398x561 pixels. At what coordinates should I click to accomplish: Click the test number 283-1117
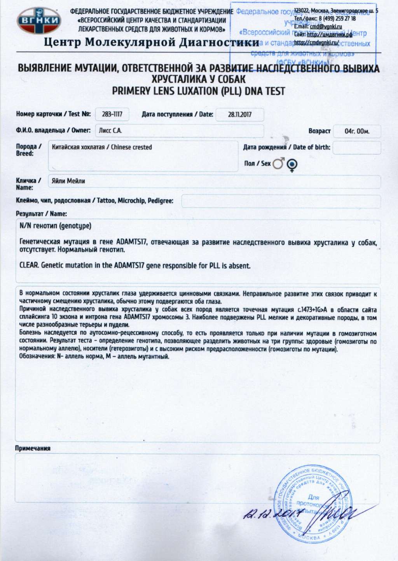click(x=112, y=114)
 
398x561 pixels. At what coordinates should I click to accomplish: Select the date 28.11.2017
click(x=239, y=115)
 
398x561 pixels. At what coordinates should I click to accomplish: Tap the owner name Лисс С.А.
click(x=110, y=131)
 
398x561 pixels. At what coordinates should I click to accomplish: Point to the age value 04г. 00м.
click(x=357, y=131)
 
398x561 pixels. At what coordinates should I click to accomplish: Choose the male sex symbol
click(x=278, y=164)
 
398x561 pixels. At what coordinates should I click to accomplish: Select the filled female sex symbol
click(x=292, y=165)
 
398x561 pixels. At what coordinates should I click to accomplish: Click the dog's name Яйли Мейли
click(x=68, y=181)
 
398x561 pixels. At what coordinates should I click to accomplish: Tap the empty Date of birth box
click(x=356, y=148)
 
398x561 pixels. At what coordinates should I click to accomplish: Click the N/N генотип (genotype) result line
click(x=56, y=226)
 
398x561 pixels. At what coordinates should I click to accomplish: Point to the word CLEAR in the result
click(x=29, y=266)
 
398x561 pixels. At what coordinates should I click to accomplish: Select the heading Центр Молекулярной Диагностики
click(x=151, y=42)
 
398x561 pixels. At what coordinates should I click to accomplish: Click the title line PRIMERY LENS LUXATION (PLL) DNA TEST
click(x=199, y=91)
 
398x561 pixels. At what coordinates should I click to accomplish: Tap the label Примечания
click(x=33, y=448)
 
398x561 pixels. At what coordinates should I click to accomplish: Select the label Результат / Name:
click(x=41, y=214)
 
